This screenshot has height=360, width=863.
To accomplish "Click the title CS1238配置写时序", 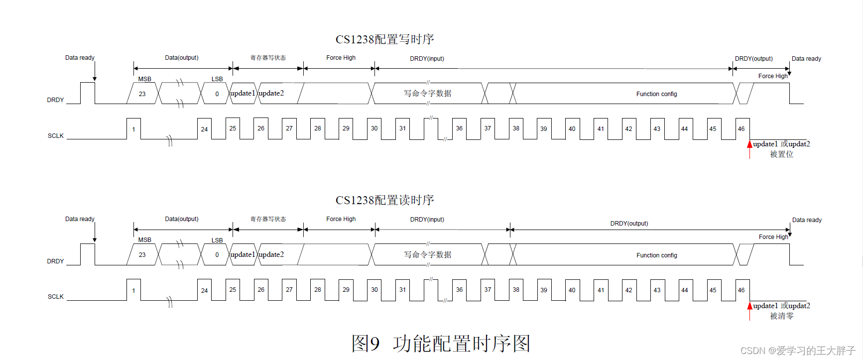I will [x=384, y=39].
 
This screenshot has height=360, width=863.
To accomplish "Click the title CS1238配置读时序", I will [x=384, y=200].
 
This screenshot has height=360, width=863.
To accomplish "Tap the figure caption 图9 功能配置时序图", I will [x=441, y=344].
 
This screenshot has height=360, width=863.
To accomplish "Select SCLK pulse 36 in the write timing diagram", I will [x=459, y=128].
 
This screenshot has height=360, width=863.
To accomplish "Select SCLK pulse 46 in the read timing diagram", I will [x=741, y=290].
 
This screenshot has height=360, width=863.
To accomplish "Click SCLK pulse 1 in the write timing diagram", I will [x=133, y=129].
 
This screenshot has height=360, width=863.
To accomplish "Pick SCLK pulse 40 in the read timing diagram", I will [x=572, y=290].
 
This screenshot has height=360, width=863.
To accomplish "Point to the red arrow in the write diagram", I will [x=749, y=145].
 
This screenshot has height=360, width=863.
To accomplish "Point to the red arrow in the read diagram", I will [x=749, y=306].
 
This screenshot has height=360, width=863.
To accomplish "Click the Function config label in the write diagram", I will [x=656, y=94].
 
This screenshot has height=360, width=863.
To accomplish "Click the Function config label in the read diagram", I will [x=656, y=255].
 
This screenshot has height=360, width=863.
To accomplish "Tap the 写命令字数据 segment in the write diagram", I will [x=427, y=94].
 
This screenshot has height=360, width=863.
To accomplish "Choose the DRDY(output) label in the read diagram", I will [x=629, y=224].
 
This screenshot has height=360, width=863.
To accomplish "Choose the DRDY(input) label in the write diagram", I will [x=427, y=59].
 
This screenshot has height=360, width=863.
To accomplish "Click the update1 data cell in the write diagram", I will [x=243, y=94].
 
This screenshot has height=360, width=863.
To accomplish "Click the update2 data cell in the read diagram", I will [x=271, y=255].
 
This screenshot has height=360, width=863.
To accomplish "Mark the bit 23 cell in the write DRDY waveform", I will [x=142, y=94].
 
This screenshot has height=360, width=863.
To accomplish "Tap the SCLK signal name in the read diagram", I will [x=56, y=297].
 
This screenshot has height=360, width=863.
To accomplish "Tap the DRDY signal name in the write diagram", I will [x=55, y=100].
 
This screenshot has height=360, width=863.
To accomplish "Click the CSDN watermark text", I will [x=797, y=351].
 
